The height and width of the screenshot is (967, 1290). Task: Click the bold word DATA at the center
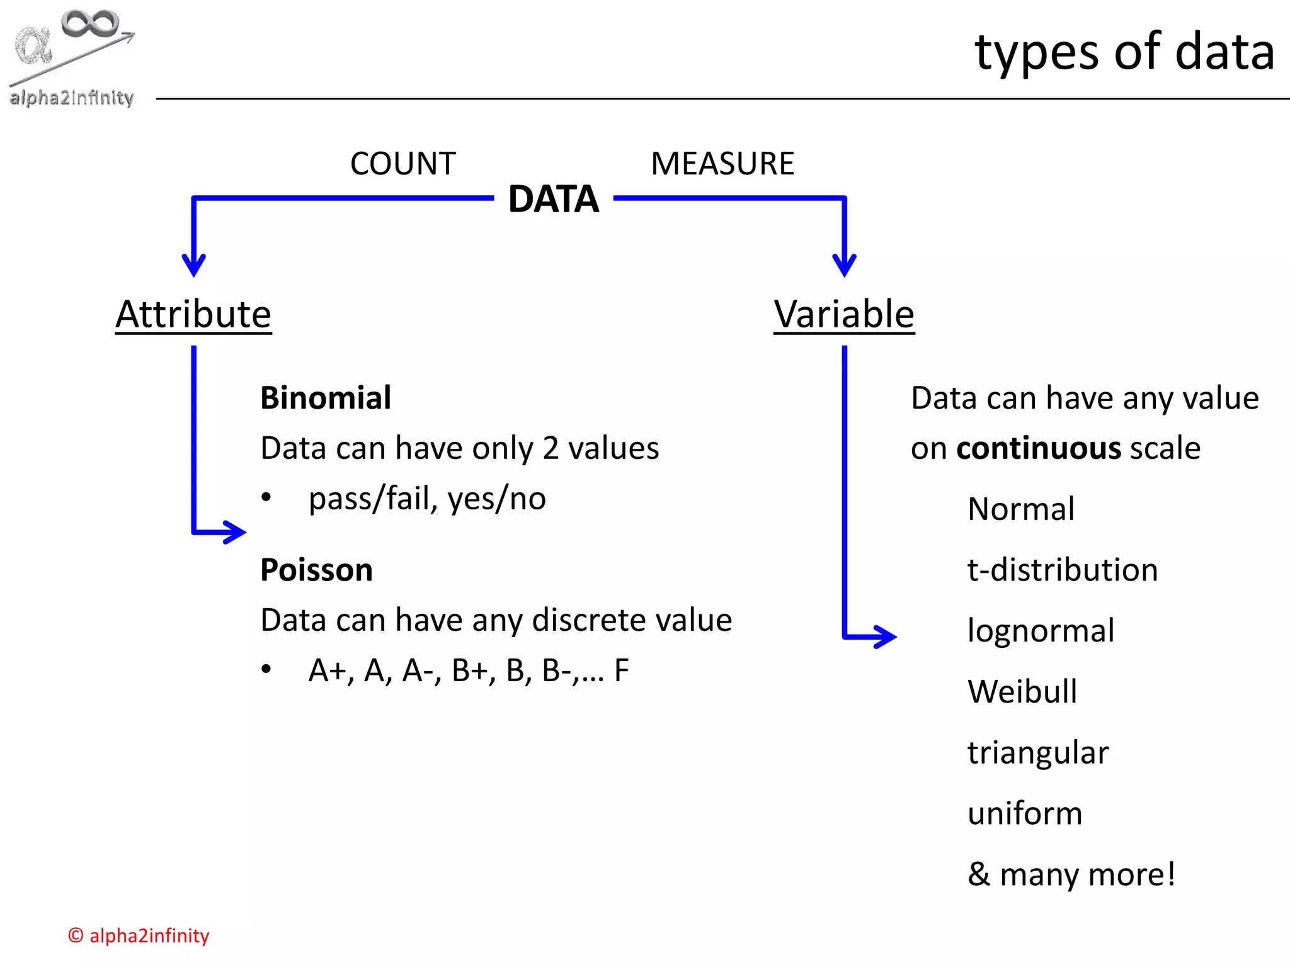(553, 200)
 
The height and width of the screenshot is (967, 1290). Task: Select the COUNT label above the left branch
(402, 164)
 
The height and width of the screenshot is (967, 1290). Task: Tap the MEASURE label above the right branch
(722, 164)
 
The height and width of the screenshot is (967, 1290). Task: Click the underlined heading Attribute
(193, 314)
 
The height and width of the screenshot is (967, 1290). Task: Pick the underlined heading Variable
(843, 314)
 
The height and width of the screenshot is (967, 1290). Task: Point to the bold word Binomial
(326, 398)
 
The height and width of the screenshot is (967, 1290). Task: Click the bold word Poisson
(316, 570)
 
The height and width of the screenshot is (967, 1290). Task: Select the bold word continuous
(1038, 448)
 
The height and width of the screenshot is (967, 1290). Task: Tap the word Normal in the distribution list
(1020, 509)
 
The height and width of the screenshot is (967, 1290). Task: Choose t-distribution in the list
(1062, 570)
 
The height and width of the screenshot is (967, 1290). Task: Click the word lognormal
(1041, 631)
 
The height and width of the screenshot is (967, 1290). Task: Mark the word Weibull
(1022, 691)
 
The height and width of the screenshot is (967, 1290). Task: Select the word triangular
(1037, 752)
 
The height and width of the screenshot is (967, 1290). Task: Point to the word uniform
(1024, 813)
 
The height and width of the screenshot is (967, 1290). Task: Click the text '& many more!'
(1071, 874)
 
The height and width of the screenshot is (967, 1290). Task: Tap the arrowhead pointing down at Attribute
(193, 265)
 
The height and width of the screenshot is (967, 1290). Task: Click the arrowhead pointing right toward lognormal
(884, 636)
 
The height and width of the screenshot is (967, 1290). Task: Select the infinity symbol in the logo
(89, 23)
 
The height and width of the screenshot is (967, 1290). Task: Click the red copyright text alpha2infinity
(139, 936)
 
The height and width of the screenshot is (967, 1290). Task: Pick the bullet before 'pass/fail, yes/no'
(266, 498)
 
